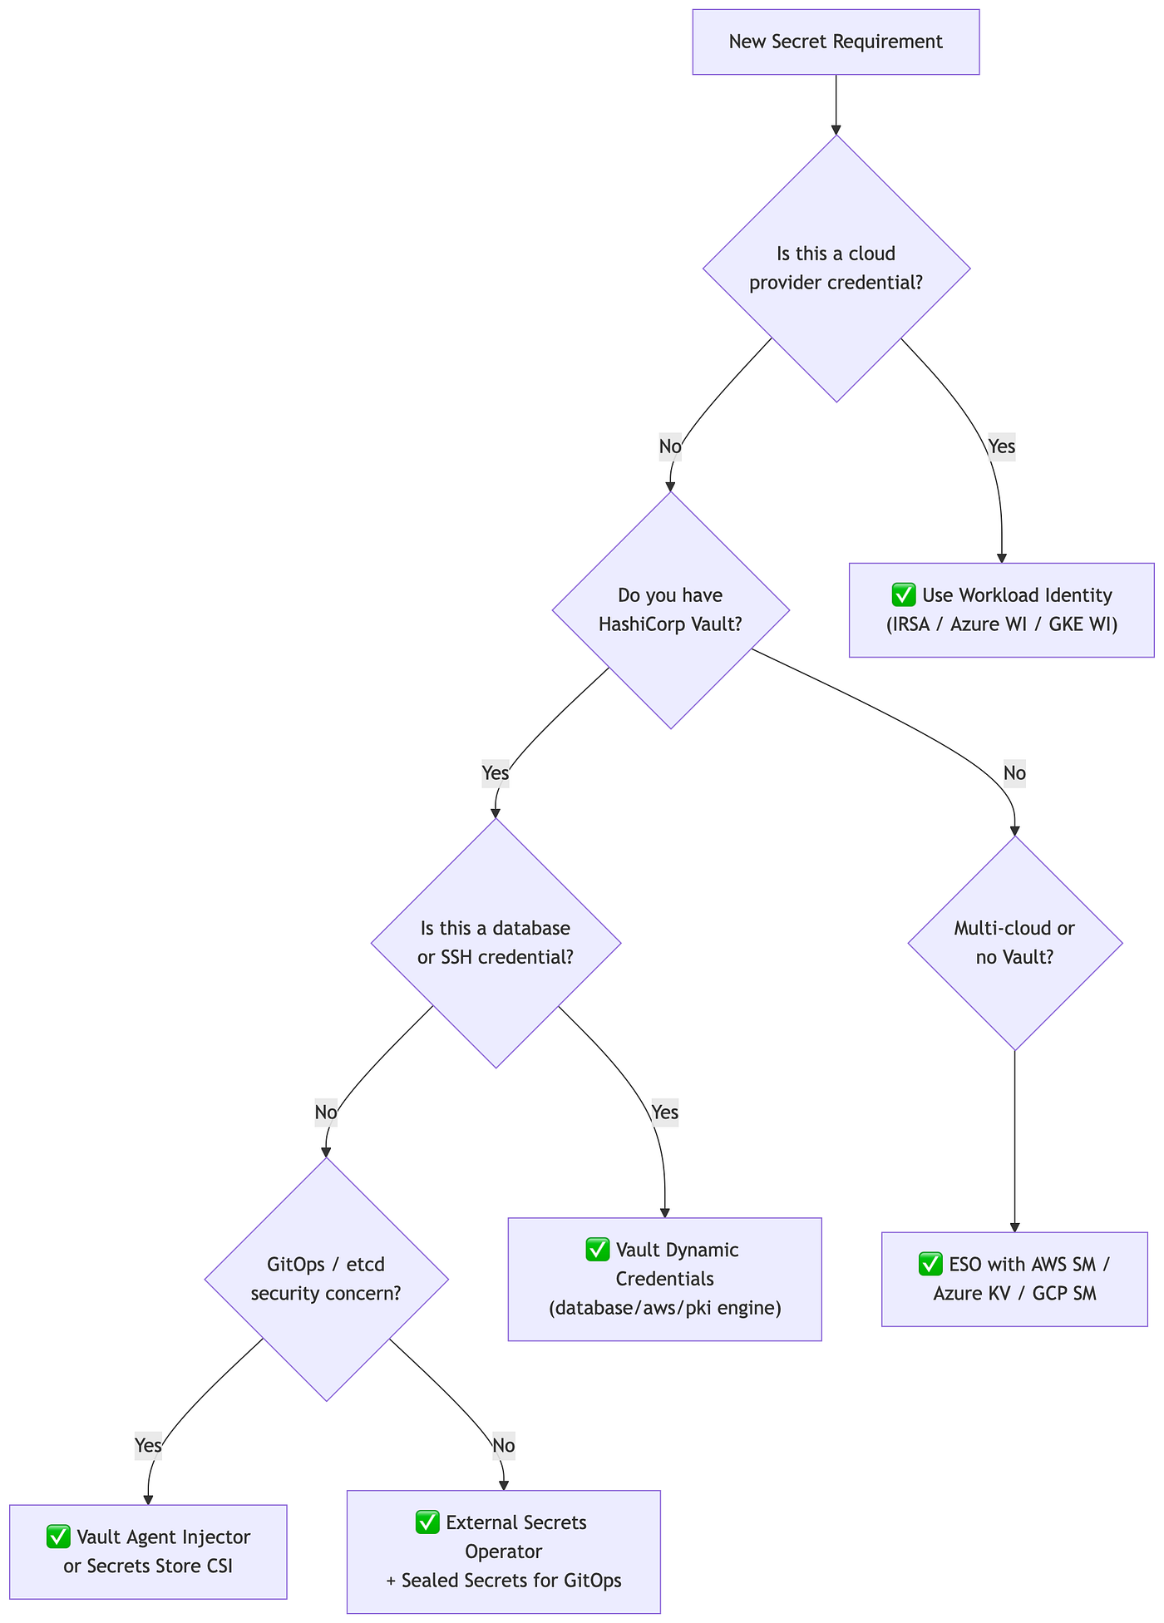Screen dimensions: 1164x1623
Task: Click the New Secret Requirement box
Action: pos(836,42)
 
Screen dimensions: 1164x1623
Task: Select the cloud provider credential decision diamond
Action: pos(836,269)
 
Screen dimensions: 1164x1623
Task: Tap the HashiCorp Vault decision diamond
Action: pos(671,610)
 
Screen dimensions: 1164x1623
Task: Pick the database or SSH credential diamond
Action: pos(496,943)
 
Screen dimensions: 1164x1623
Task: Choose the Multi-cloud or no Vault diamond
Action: pos(1015,943)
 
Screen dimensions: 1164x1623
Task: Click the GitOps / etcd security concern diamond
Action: pos(326,1279)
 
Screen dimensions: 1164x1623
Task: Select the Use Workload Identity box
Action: pos(1001,610)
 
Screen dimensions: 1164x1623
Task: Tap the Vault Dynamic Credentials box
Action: pos(664,1279)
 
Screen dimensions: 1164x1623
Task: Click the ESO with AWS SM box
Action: pos(1014,1279)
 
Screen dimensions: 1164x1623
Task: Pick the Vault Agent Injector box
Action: pos(148,1551)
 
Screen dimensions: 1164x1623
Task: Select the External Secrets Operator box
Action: pos(503,1551)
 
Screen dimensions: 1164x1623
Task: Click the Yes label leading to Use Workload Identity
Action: pos(1001,446)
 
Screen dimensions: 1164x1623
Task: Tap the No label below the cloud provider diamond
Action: pos(670,446)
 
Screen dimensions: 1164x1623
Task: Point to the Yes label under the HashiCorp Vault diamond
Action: pos(496,773)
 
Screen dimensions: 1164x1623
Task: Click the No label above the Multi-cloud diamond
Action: pos(1014,773)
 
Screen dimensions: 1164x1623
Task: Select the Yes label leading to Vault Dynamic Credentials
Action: pos(664,1112)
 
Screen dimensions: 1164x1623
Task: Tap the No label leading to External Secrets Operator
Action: pos(503,1446)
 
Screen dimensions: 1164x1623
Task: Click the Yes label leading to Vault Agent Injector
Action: pos(148,1446)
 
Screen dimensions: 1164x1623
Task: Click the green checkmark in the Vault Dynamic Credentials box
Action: pos(598,1250)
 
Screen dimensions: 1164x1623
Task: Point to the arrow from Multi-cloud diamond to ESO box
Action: pos(1015,1142)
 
